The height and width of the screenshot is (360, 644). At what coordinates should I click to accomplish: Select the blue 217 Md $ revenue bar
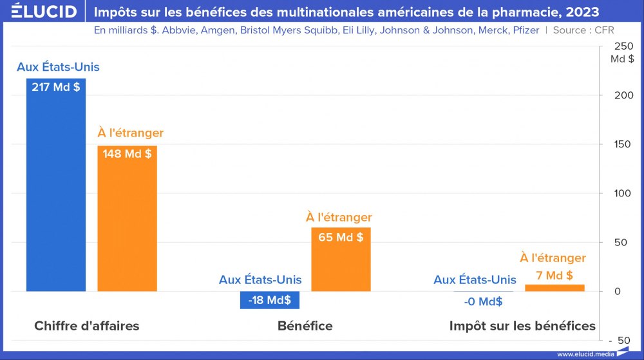click(x=56, y=193)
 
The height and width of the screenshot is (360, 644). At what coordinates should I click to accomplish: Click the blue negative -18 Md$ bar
click(x=270, y=300)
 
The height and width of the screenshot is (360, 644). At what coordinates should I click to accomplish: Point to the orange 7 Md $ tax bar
click(x=554, y=287)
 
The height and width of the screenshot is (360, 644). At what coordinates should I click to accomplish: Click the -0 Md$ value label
click(x=483, y=301)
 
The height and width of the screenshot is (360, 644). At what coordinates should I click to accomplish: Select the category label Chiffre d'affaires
click(x=86, y=326)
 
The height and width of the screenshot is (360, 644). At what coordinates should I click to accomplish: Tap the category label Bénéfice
click(x=305, y=326)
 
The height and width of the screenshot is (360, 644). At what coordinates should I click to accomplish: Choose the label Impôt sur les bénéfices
click(x=522, y=326)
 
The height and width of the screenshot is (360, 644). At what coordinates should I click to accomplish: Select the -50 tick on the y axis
click(x=620, y=340)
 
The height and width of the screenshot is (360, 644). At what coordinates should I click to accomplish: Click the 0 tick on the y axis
click(x=617, y=291)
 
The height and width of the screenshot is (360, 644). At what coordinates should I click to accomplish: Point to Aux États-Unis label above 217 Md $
click(x=58, y=67)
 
